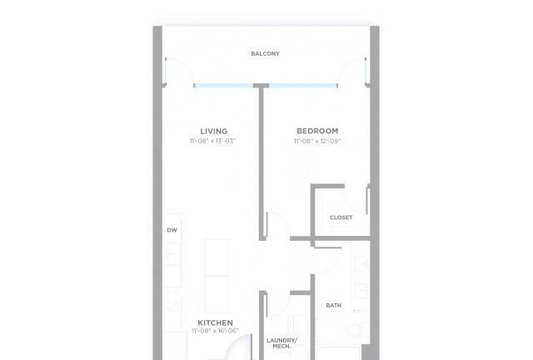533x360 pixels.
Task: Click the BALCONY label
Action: (x=265, y=54)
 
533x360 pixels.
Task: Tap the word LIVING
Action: (x=214, y=132)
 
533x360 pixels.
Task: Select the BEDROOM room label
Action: (x=317, y=131)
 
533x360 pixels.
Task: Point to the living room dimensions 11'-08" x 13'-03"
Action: (x=213, y=141)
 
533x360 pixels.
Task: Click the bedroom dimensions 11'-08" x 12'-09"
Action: (x=317, y=141)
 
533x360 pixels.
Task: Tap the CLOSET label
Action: (x=341, y=217)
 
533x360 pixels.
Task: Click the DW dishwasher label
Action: (x=172, y=230)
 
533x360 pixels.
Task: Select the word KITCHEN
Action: (x=215, y=322)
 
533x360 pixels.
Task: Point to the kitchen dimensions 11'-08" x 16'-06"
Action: (x=215, y=331)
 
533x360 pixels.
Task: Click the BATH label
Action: (x=333, y=306)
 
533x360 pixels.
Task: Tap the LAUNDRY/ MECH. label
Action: (x=281, y=343)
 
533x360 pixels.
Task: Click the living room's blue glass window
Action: (x=224, y=86)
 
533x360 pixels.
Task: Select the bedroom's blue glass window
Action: (x=303, y=86)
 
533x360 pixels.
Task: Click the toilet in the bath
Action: (x=356, y=330)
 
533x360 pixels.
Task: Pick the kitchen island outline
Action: (x=217, y=276)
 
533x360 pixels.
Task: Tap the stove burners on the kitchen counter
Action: (x=172, y=299)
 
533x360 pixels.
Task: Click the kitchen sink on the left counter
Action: (x=172, y=254)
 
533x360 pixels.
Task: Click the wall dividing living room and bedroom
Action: (x=262, y=163)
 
